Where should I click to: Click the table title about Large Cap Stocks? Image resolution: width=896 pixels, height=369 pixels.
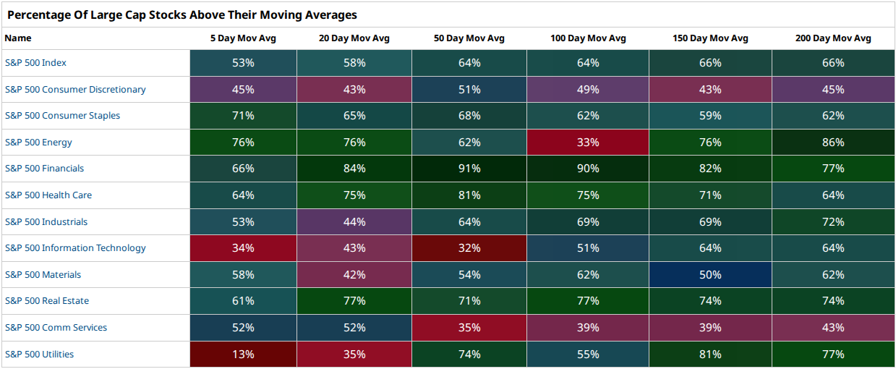point(182,14)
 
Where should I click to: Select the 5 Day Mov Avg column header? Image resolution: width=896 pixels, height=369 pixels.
point(243,38)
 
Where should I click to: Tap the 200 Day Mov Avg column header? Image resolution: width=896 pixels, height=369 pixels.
point(833,38)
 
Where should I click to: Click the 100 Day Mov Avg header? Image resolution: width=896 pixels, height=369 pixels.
point(588,38)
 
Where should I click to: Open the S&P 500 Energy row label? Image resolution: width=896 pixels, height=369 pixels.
point(38,142)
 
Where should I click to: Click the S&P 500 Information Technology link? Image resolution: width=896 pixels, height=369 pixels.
point(75,247)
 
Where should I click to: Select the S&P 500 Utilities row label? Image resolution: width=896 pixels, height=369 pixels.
point(39,355)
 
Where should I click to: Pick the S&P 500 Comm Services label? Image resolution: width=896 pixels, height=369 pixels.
point(56,327)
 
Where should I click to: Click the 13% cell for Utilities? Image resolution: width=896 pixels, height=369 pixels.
point(243,355)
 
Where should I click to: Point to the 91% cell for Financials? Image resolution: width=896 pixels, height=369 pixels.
point(469,169)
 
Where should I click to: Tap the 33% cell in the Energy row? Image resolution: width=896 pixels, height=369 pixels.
point(588,142)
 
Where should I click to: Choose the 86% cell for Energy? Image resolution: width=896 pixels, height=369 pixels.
point(833,142)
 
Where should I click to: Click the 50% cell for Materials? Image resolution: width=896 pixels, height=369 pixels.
point(710,274)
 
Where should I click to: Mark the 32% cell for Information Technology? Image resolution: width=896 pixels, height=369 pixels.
point(469,247)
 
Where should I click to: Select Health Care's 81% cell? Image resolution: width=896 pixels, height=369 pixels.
point(469,195)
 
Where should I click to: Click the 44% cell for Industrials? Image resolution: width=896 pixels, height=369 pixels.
point(354,221)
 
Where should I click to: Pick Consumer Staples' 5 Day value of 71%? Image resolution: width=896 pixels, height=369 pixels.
point(243,116)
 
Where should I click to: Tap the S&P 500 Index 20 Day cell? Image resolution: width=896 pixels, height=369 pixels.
point(354,63)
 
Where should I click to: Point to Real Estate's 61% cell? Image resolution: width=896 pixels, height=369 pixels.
point(243,300)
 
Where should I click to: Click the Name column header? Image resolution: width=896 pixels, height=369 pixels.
point(18,38)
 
